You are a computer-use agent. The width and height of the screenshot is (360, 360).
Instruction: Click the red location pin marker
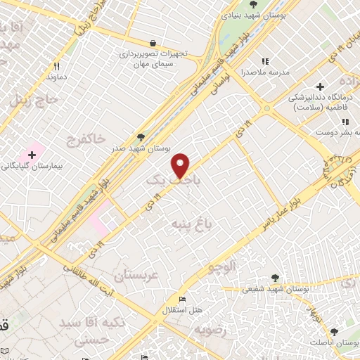click(x=181, y=165)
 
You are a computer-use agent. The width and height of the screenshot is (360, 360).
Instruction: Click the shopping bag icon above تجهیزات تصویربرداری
click(x=153, y=43)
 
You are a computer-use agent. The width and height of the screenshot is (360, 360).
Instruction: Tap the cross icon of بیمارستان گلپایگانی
click(x=32, y=154)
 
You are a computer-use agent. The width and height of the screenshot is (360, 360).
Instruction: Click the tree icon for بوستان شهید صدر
click(x=141, y=138)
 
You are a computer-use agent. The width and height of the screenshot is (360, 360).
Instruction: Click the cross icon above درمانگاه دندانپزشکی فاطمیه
click(x=320, y=86)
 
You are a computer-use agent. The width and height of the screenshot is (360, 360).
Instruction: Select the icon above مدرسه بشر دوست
click(x=343, y=120)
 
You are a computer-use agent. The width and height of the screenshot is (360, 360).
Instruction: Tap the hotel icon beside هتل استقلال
click(x=182, y=300)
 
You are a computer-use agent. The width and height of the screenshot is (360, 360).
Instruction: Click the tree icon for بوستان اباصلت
click(x=334, y=331)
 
